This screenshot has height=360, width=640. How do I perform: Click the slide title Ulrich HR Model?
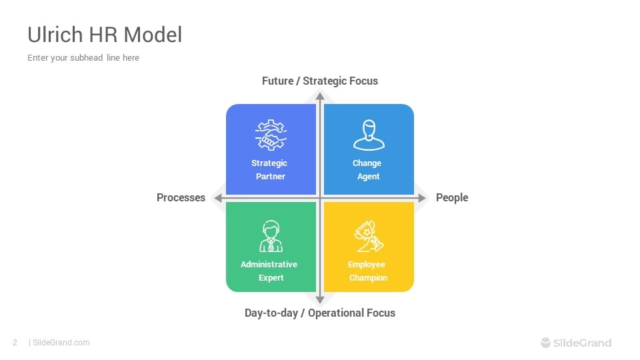pos(105,35)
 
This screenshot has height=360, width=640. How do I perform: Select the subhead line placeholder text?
pos(83,58)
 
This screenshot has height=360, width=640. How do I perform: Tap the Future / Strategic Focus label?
pos(319,81)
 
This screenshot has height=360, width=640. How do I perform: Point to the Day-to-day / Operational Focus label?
pos(319,313)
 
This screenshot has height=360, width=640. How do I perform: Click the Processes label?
pos(181,197)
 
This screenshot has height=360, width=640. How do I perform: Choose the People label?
pos(452,197)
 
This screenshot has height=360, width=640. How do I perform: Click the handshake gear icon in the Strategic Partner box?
pos(270,135)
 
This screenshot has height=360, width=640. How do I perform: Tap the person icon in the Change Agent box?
pos(368,135)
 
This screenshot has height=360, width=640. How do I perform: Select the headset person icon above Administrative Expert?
pos(270,236)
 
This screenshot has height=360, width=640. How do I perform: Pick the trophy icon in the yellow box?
pos(368,237)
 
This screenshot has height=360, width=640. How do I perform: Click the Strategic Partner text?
pos(270,170)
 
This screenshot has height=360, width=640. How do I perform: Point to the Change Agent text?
pos(368,170)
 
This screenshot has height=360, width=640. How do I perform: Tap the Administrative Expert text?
pos(270,271)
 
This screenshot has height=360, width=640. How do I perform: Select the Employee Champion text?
pos(367,271)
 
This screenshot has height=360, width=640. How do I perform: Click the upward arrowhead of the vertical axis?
pos(320,96)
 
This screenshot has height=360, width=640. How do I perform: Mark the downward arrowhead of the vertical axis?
pos(320,299)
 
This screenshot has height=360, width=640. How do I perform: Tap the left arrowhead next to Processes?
pos(217,198)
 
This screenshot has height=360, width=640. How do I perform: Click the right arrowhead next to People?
pos(422,198)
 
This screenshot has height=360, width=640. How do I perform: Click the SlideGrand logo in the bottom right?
pos(576,343)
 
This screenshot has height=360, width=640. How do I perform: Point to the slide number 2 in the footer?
pos(15,343)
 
